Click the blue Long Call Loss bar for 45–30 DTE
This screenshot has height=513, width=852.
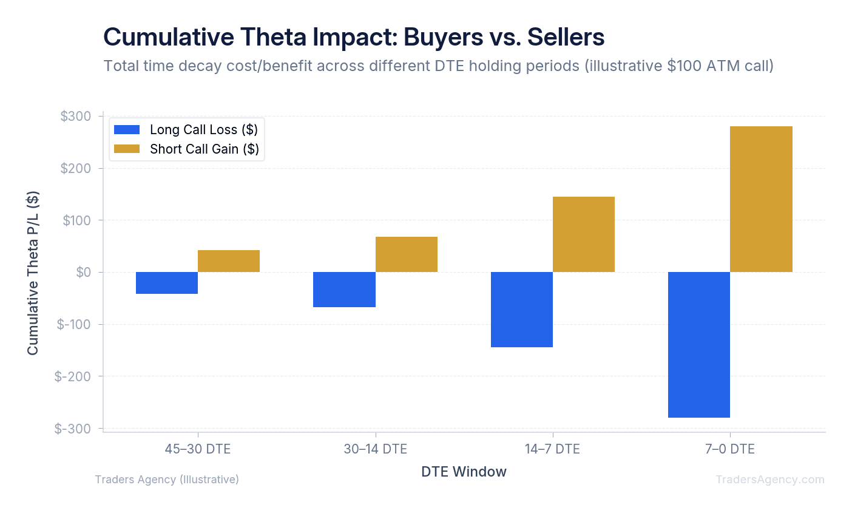click(x=167, y=283)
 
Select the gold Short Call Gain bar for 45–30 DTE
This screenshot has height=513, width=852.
click(x=229, y=261)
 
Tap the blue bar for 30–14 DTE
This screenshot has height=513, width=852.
click(x=344, y=290)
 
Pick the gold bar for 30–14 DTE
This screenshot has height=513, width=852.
click(x=407, y=254)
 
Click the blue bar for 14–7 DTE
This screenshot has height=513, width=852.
click(x=522, y=310)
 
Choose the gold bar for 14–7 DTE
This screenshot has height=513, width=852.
click(x=584, y=234)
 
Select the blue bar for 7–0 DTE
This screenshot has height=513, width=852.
click(x=699, y=345)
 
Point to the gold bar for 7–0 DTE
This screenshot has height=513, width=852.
click(x=761, y=199)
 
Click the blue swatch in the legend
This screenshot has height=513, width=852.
click(x=127, y=130)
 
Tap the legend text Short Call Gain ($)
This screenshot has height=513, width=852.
click(x=205, y=149)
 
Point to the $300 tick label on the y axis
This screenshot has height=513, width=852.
click(x=76, y=117)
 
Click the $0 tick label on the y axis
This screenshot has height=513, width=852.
click(x=84, y=273)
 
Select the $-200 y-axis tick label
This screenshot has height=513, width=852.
click(x=73, y=376)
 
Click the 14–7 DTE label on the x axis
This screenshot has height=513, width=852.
click(x=552, y=449)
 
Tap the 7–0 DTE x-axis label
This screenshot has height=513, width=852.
click(x=730, y=449)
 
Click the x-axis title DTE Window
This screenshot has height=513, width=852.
click(x=464, y=472)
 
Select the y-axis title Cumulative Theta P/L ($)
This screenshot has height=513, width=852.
click(x=33, y=273)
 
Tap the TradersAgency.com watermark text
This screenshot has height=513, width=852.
click(x=769, y=480)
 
